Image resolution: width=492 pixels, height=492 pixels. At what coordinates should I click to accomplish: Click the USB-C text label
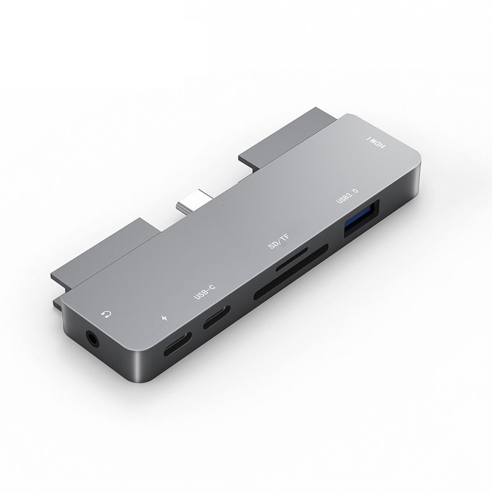(205, 292)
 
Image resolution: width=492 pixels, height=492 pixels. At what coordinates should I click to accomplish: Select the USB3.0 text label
(347, 196)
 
